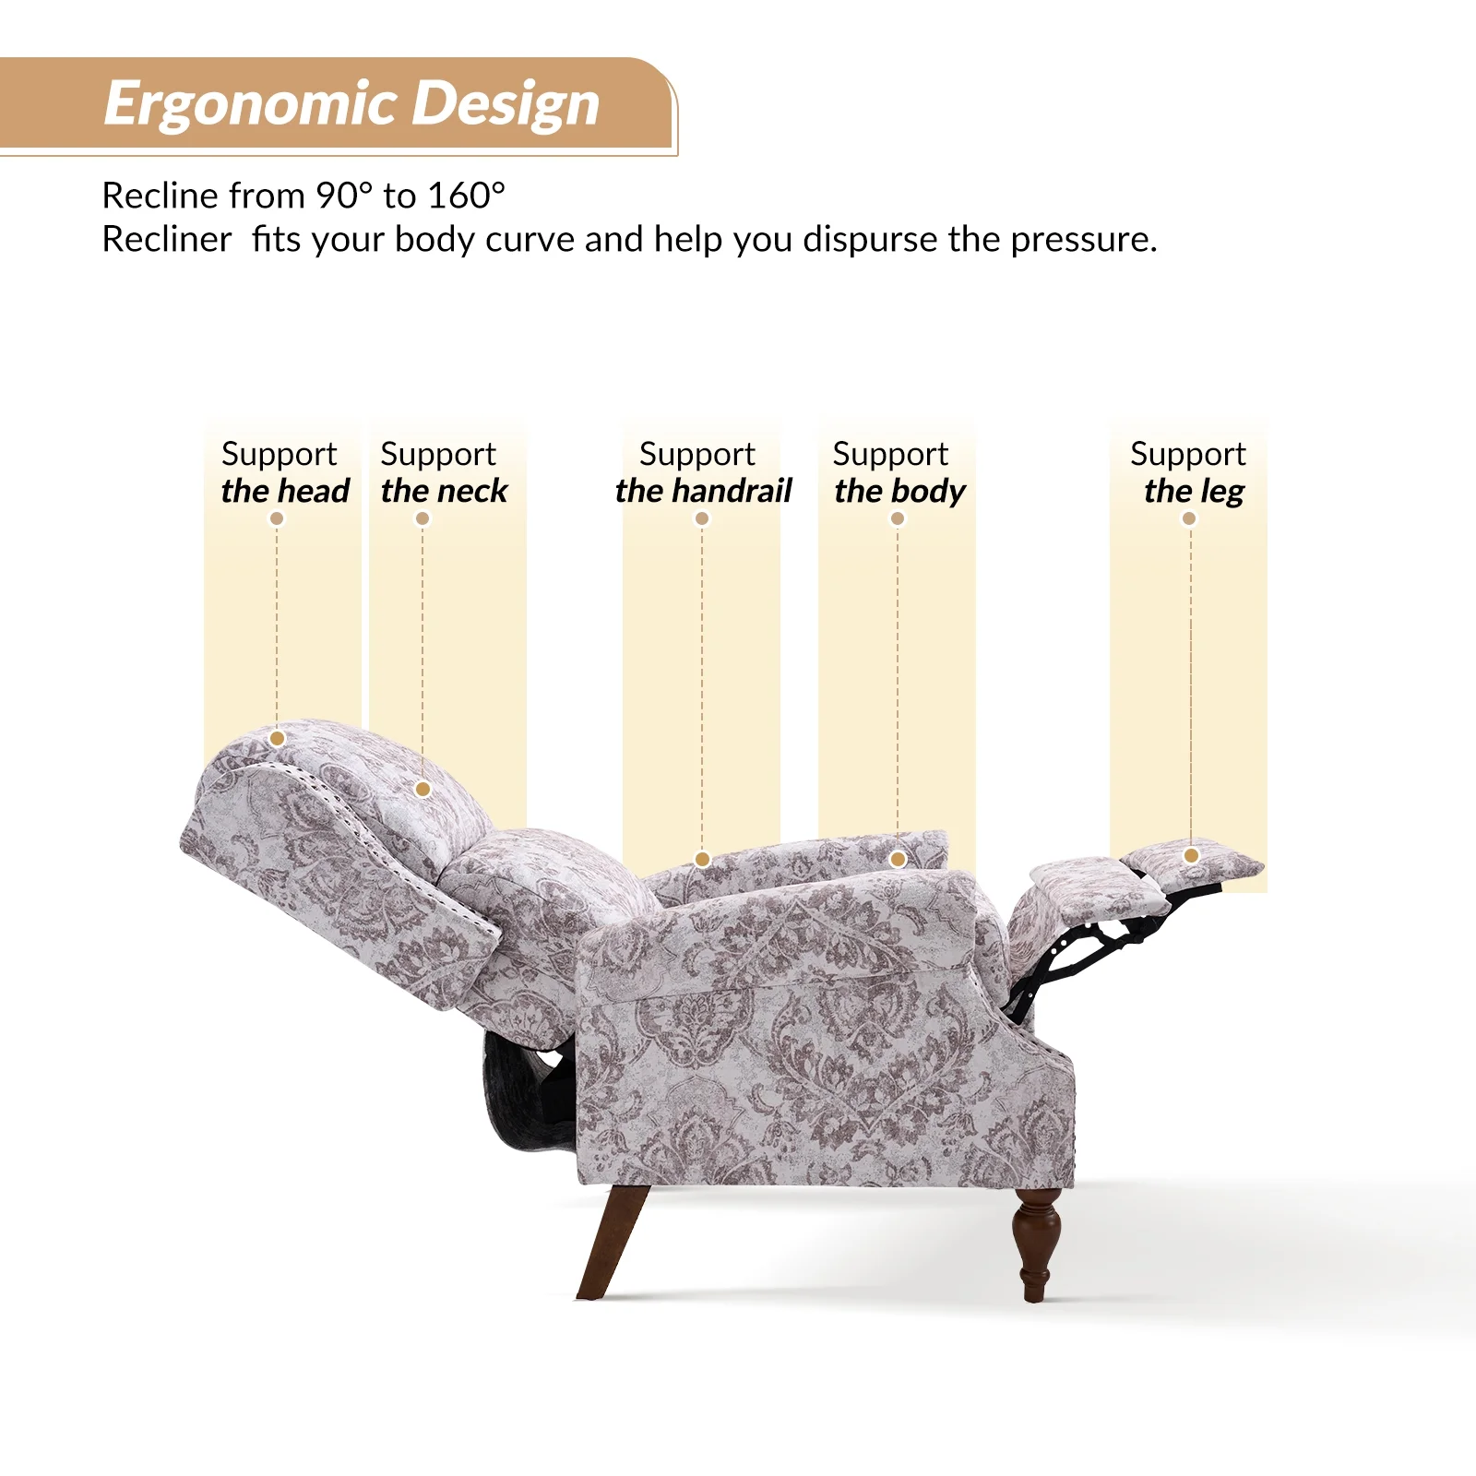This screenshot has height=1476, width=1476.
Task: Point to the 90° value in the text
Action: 344,196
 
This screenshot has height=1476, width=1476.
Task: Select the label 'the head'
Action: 285,491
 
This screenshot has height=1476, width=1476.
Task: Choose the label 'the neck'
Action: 444,491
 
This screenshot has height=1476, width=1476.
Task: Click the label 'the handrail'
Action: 703,491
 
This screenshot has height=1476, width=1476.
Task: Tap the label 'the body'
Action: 899,491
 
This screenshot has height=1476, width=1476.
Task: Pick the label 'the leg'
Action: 1194,491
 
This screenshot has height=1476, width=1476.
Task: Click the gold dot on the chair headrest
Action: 277,738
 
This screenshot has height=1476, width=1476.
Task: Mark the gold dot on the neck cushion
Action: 423,789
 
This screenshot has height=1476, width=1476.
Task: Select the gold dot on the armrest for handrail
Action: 702,860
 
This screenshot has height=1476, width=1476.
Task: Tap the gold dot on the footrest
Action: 1191,855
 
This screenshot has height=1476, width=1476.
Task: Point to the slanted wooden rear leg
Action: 613,1241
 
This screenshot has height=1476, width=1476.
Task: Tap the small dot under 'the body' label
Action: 898,518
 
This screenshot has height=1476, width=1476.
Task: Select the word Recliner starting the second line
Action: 167,240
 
